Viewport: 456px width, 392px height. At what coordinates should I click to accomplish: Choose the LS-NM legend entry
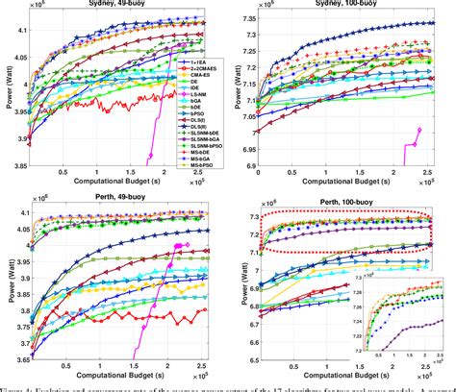(197, 93)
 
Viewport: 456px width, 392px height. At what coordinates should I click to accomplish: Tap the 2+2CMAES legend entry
(203, 69)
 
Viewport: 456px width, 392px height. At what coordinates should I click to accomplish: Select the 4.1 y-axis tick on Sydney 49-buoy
(28, 32)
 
